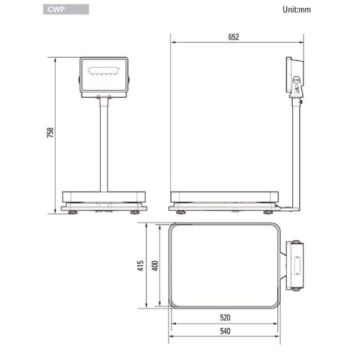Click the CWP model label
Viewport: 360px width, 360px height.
click(x=55, y=10)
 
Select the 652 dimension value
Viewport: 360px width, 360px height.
click(x=233, y=37)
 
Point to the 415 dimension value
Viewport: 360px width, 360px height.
click(x=140, y=266)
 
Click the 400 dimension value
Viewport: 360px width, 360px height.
click(x=155, y=266)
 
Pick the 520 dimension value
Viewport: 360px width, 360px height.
click(x=225, y=317)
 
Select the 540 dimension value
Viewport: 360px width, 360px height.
click(x=225, y=331)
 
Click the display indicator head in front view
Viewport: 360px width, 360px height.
click(x=104, y=76)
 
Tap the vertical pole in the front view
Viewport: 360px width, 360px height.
click(x=104, y=144)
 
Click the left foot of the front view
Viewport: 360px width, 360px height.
click(x=73, y=212)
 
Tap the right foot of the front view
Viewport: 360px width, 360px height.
click(x=135, y=212)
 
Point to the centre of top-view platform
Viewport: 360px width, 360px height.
click(x=224, y=265)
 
